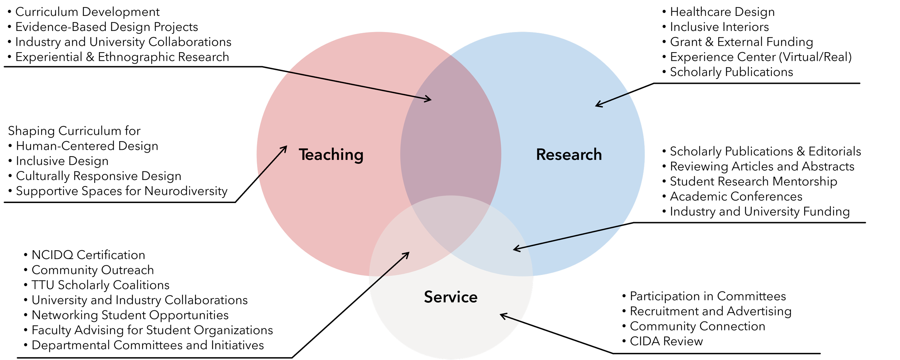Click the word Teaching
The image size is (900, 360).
point(331,155)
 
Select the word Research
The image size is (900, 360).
point(569,155)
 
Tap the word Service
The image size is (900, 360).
point(451,297)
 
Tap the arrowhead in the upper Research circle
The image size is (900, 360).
point(598,105)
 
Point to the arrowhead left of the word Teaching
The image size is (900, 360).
point(285,147)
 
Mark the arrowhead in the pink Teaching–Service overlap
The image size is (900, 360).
point(407,254)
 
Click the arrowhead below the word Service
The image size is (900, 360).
point(503,315)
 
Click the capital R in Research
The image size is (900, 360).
point(541,154)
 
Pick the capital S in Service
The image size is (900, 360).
point(429,297)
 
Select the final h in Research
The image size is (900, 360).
point(597,154)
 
